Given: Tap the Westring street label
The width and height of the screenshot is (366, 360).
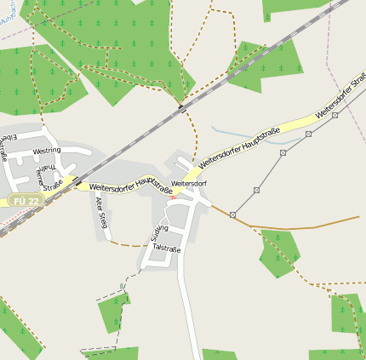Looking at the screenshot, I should pyautogui.click(x=46, y=151).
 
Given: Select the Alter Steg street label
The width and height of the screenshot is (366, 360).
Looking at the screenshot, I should pyautogui.click(x=102, y=212).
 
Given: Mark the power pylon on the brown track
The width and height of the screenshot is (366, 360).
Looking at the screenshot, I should pyautogui.click(x=232, y=214).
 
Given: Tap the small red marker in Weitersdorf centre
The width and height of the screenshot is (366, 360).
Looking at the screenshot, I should pyautogui.click(x=174, y=197).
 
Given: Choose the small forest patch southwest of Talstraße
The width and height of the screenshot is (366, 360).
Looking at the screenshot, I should pyautogui.click(x=112, y=311).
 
